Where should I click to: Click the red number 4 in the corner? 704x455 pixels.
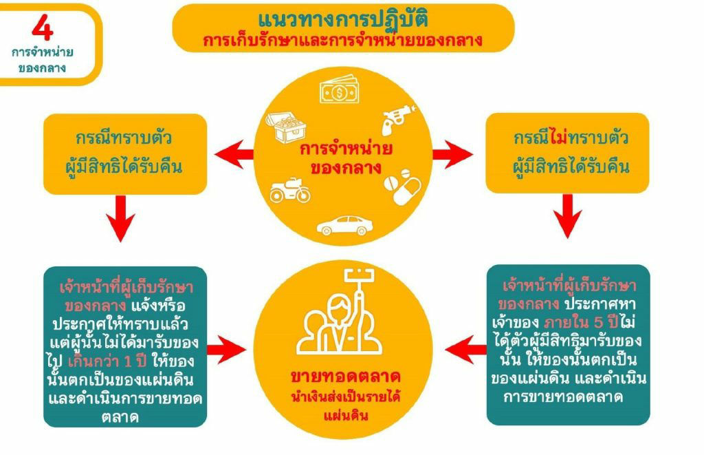(43, 28)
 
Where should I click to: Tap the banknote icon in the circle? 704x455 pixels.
(340, 90)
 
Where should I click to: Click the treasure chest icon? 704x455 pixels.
(286, 127)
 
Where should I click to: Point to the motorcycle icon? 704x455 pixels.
(290, 190)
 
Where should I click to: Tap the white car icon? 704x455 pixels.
(345, 225)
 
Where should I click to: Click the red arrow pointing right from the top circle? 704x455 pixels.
(452, 154)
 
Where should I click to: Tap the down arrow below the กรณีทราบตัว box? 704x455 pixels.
(120, 218)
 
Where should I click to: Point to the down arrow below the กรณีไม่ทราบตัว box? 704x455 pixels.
(567, 217)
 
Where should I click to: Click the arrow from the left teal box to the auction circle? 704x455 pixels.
(227, 350)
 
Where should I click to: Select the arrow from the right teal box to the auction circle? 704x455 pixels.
(465, 350)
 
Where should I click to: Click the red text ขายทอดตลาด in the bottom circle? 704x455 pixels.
(345, 377)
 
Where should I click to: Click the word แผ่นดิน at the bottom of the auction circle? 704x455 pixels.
(345, 414)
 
